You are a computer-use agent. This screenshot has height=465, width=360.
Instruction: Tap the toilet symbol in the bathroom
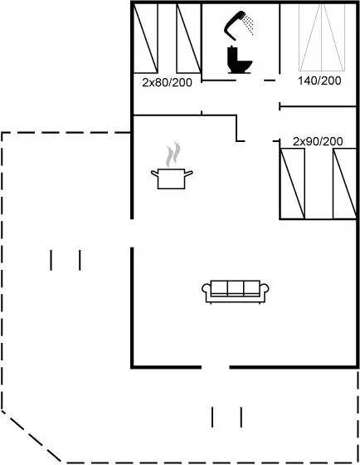[239, 60]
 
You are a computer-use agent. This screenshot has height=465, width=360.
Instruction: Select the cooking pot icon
[172, 179]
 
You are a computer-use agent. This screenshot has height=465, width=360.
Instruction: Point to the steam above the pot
[173, 154]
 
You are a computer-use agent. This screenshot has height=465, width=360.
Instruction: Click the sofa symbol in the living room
[236, 292]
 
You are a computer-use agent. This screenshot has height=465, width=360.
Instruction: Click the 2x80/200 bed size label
[167, 82]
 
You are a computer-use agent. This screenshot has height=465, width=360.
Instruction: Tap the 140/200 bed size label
[319, 81]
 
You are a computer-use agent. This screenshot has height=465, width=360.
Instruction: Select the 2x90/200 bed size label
[318, 141]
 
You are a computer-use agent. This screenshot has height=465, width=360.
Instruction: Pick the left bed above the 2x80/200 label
[145, 38]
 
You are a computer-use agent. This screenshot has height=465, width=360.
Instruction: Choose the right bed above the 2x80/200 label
[189, 38]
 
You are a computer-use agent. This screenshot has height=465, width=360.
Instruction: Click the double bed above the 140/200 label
[322, 37]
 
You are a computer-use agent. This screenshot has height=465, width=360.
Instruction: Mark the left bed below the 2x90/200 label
[293, 184]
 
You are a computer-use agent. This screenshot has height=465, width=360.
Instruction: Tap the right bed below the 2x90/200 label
[344, 184]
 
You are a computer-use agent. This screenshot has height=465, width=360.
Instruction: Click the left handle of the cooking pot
[154, 174]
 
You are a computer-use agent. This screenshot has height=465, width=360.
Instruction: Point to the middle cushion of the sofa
[236, 288]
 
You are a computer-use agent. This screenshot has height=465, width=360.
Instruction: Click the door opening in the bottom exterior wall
[216, 367]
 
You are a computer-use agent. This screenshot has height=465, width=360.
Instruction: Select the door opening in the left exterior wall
[132, 233]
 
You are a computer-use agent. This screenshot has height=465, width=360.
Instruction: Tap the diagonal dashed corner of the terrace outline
[32, 436]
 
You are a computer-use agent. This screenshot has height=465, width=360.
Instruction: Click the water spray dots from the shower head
[248, 24]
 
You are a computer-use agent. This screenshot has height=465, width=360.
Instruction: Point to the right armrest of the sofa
[265, 289]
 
